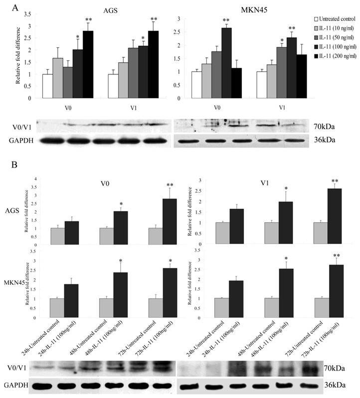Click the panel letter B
17,165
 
